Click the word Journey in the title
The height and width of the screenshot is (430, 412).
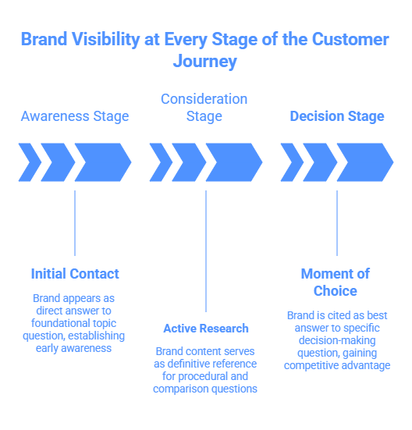[206, 62]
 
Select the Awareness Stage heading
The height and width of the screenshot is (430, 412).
[75, 116]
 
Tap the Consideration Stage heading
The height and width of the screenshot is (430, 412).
[204, 108]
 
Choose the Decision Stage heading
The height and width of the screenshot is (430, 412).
[337, 116]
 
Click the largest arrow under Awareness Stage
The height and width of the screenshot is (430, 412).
[102, 162]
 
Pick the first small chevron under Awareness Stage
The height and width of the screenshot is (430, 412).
[30, 162]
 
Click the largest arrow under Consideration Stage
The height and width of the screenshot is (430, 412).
[233, 162]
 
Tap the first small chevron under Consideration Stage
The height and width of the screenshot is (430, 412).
[161, 162]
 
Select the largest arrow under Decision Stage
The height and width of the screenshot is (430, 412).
[364, 162]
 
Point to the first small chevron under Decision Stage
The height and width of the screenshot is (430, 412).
[292, 162]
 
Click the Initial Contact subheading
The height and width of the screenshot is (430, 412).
[75, 274]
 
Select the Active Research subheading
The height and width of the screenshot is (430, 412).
[206, 329]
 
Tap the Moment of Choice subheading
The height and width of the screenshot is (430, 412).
[336, 282]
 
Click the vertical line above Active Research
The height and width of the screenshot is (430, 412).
[206, 250]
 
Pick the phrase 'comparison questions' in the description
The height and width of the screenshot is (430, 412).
[206, 388]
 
